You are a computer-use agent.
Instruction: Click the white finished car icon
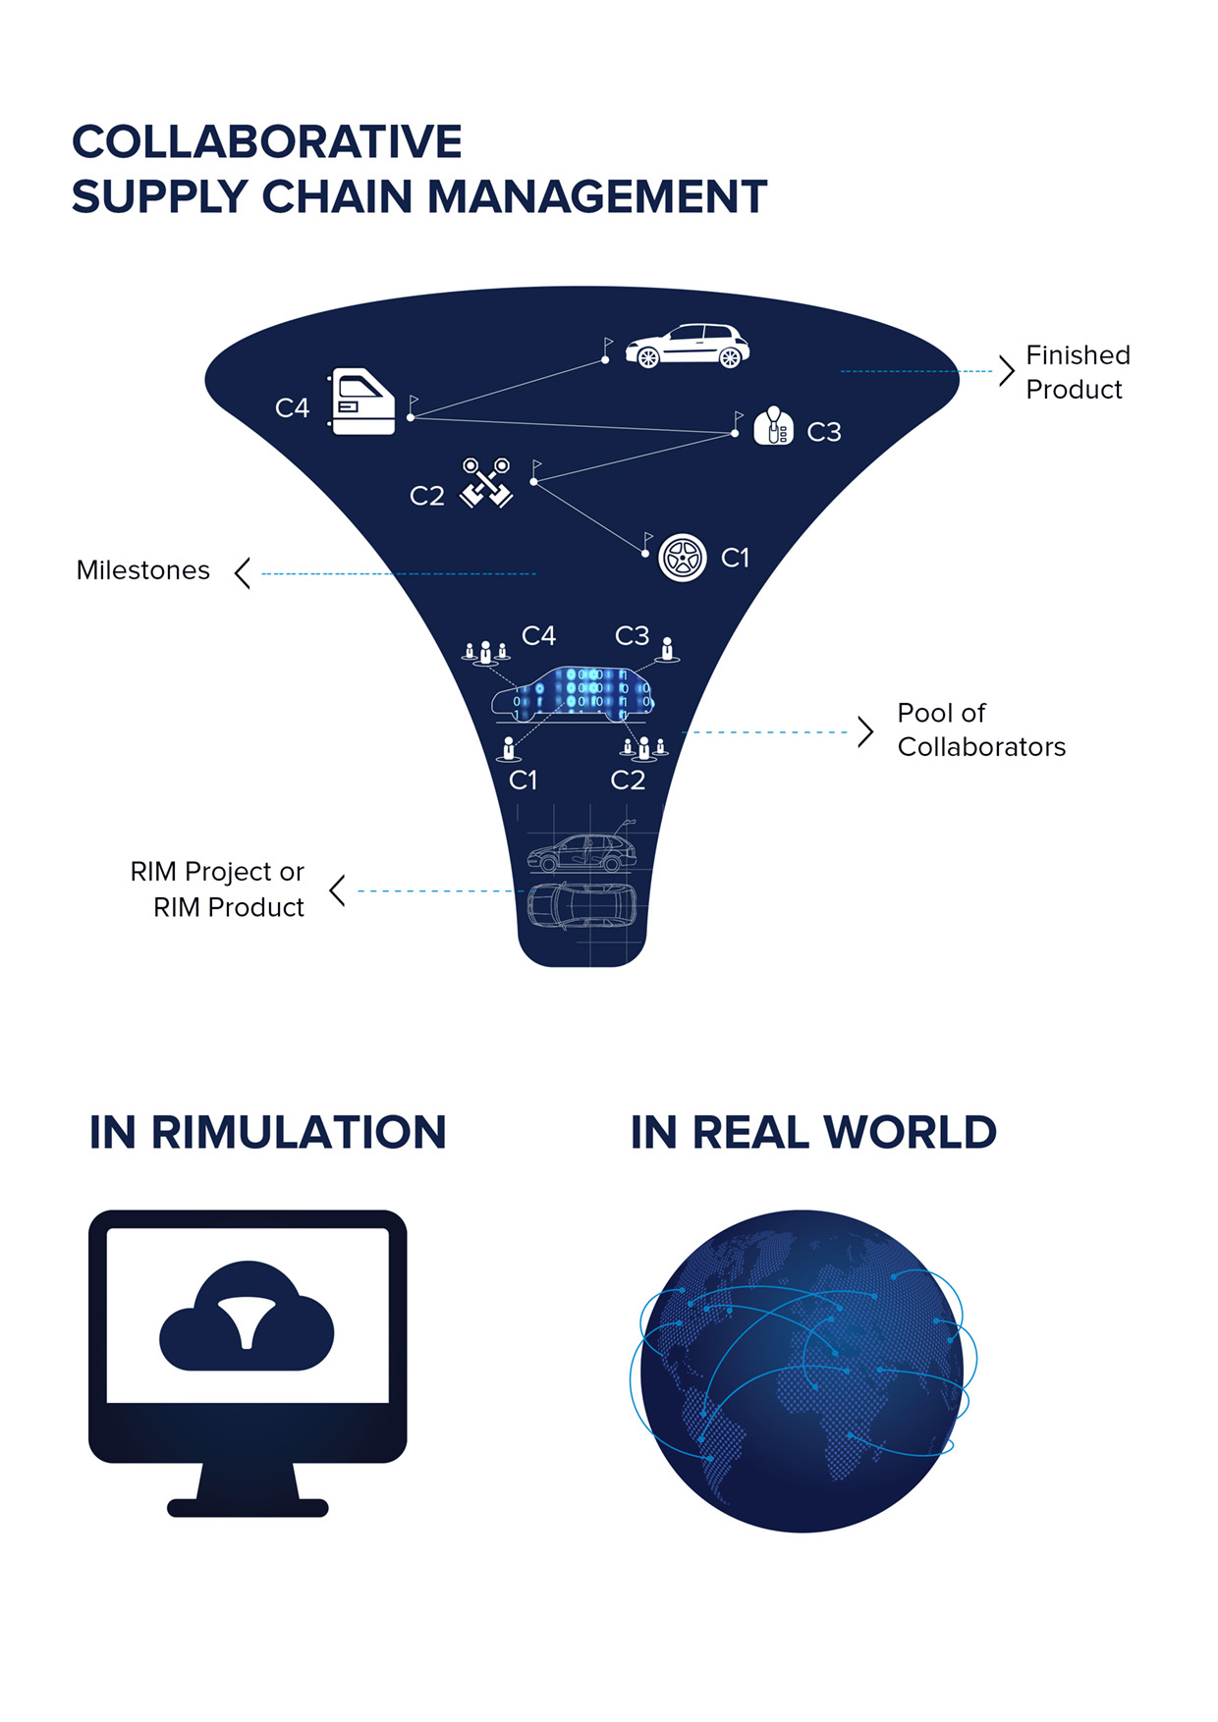click(x=688, y=346)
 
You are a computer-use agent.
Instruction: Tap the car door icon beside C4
click(x=362, y=401)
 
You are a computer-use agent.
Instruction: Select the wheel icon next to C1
click(x=682, y=558)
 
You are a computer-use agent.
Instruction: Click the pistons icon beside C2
click(x=486, y=482)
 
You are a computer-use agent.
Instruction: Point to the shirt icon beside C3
click(x=774, y=427)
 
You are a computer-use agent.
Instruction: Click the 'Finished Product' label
click(x=1078, y=372)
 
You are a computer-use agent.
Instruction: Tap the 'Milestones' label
click(x=143, y=570)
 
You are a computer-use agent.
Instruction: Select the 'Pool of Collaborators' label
click(x=980, y=729)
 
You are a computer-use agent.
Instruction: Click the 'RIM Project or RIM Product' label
click(x=218, y=889)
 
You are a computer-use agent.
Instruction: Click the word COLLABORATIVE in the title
click(x=267, y=142)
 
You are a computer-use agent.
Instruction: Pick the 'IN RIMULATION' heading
click(x=268, y=1132)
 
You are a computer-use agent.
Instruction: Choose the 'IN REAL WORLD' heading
click(x=813, y=1132)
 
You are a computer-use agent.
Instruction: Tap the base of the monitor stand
click(x=248, y=1507)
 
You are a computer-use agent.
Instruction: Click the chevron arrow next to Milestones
click(x=243, y=572)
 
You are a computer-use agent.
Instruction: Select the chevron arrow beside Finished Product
click(x=1006, y=371)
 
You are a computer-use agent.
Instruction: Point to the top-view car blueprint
click(x=581, y=905)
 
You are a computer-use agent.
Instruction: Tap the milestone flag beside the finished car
click(x=608, y=347)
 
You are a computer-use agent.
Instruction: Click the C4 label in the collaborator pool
click(x=538, y=636)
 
